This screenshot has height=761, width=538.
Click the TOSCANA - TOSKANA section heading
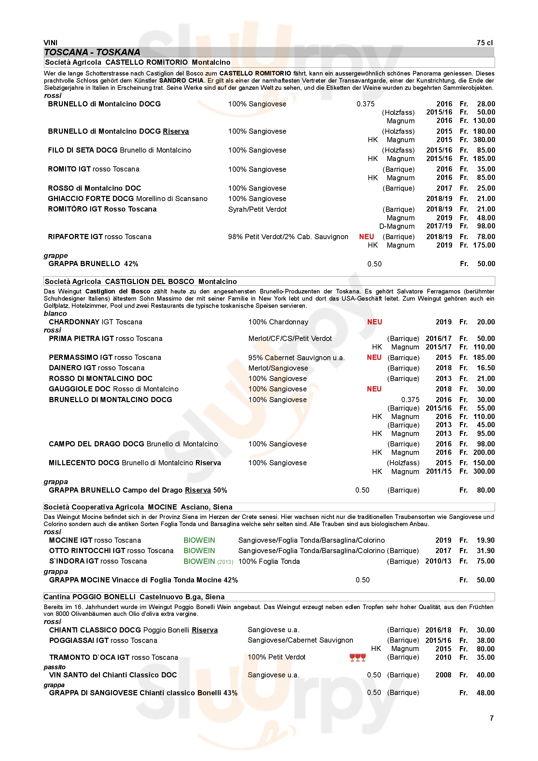(92, 52)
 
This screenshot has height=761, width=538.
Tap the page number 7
(491, 718)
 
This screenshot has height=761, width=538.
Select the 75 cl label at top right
(484, 43)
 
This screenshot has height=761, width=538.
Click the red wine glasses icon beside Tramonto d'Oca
(357, 657)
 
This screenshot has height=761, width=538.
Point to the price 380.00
(484, 140)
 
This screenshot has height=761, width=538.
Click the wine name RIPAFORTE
(69, 237)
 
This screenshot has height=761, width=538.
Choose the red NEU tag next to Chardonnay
(374, 322)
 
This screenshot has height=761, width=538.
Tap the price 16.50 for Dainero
(486, 368)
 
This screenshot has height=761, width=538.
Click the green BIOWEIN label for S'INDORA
(199, 561)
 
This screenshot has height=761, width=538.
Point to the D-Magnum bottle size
(397, 226)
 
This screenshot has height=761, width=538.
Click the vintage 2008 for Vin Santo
(443, 675)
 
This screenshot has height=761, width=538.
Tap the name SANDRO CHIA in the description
(181, 81)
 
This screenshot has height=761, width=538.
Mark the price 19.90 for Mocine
(485, 540)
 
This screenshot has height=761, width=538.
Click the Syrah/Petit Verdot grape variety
(257, 210)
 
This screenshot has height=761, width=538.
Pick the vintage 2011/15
(438, 471)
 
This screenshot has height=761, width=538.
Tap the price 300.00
(484, 471)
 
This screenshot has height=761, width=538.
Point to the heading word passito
(55, 667)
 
